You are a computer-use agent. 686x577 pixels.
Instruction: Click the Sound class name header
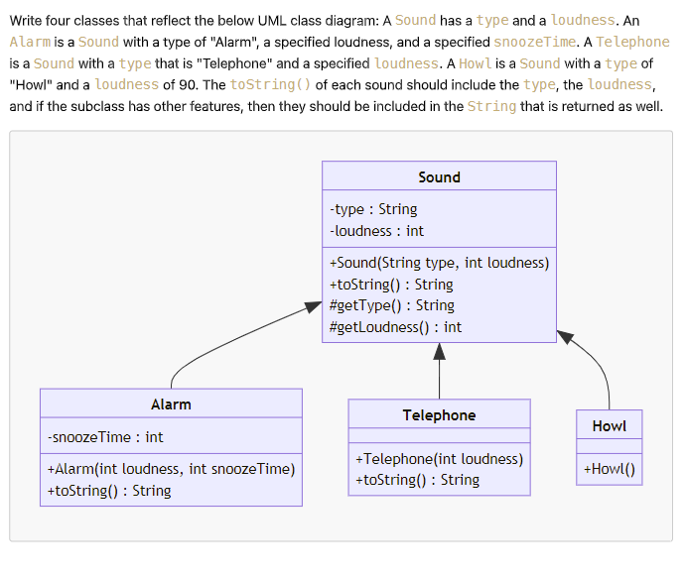pos(439,177)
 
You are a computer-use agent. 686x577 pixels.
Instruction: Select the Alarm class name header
pos(171,404)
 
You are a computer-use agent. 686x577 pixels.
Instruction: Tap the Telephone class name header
pos(439,415)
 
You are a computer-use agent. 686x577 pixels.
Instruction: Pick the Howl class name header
pos(609,426)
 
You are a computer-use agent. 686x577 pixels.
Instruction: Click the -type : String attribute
pos(373,209)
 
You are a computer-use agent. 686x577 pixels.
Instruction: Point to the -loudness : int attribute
pos(376,231)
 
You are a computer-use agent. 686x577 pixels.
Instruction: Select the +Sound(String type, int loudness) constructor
pos(439,263)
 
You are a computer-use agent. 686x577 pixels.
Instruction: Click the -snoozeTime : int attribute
pos(105,437)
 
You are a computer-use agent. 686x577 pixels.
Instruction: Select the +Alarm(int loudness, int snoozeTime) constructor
pos(171,469)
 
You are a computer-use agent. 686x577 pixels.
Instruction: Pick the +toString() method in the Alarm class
pos(109,491)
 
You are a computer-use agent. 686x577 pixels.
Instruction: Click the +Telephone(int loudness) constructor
pos(439,459)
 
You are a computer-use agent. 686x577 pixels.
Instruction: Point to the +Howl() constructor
pos(609,469)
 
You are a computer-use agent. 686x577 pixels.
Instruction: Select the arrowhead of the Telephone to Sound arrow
pos(439,351)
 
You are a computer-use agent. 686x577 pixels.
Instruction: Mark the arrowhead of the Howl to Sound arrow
pos(566,337)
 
